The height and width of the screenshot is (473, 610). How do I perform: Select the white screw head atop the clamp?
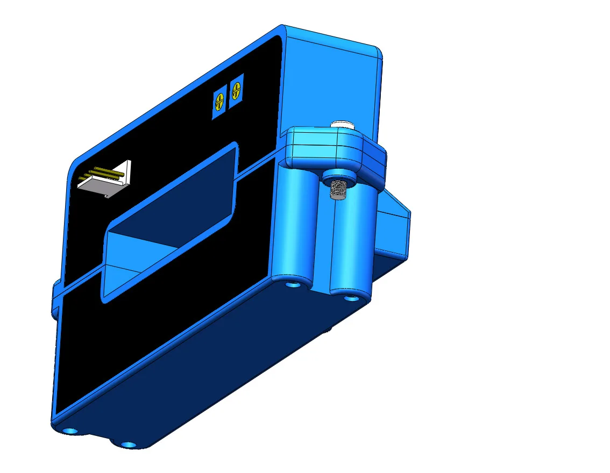(343, 125)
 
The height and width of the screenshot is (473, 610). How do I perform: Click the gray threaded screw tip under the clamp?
(337, 190)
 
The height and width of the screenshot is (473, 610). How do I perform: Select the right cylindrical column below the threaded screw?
(352, 242)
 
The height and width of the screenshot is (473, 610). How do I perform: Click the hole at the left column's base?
(293, 283)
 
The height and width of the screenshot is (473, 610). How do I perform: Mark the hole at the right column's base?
(351, 297)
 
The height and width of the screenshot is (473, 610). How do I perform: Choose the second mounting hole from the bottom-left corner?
(128, 445)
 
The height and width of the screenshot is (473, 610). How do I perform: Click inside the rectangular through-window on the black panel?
(172, 215)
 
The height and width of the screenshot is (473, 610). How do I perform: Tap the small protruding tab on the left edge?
(55, 296)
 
